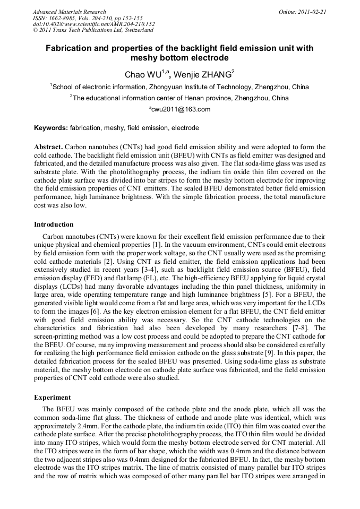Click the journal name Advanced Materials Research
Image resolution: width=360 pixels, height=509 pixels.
(69, 12)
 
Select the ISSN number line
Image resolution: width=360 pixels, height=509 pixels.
(87, 18)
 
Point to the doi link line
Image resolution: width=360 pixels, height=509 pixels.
(93, 24)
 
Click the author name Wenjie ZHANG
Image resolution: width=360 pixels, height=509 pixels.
(202, 74)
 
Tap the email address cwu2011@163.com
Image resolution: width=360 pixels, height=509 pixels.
(181, 109)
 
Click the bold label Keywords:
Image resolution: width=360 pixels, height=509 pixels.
(51, 128)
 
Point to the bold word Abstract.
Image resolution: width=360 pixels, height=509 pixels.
(48, 146)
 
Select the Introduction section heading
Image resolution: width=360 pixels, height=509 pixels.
(54, 225)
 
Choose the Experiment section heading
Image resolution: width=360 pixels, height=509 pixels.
(52, 397)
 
